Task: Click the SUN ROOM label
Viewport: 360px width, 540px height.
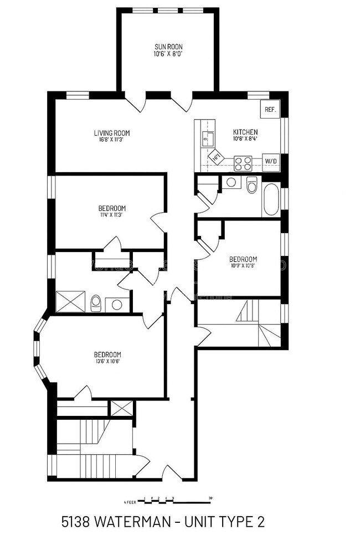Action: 168,47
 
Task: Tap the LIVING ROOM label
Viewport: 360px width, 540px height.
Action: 111,133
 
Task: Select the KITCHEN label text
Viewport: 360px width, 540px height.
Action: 245,132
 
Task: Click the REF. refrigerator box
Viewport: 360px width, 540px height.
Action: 270,110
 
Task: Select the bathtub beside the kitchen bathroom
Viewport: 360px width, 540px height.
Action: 271,200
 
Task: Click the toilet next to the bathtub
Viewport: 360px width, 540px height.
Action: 252,186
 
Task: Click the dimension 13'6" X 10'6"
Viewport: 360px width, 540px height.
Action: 107,362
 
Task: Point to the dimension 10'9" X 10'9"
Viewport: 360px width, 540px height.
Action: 243,266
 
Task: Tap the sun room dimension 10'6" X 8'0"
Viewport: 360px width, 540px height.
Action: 168,54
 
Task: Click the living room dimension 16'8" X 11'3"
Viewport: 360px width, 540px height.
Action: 111,140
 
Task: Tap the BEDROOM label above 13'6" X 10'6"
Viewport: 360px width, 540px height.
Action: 107,354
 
